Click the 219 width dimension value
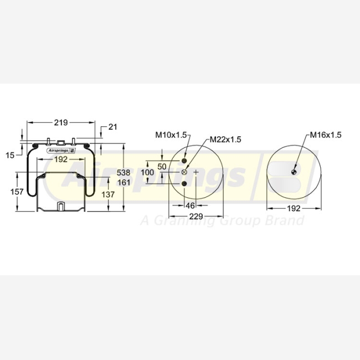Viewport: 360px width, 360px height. tap(61, 122)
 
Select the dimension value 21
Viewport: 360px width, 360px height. tap(112, 127)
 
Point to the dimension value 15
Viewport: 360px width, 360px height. tap(10, 156)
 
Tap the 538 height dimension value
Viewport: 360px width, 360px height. tap(124, 173)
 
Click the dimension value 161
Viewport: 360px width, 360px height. tap(124, 183)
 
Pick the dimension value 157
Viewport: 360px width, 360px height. tap(17, 192)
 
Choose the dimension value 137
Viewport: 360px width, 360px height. tap(108, 194)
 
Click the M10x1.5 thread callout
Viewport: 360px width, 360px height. tap(171, 135)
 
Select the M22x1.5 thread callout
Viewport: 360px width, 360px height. tap(225, 140)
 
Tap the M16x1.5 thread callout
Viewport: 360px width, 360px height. tap(326, 135)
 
